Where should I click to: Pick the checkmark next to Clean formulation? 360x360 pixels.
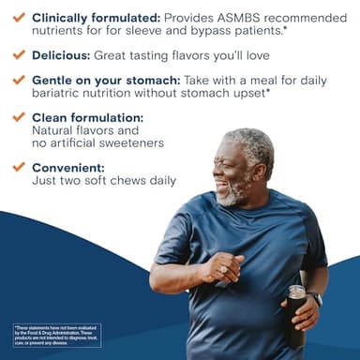click(x=18, y=117)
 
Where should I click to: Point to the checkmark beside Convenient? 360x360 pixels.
click(x=18, y=168)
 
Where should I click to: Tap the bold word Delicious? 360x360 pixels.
click(x=62, y=54)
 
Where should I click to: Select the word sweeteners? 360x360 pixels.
click(x=132, y=143)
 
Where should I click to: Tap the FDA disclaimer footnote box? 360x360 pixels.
click(x=56, y=336)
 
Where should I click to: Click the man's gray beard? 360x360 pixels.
click(x=230, y=196)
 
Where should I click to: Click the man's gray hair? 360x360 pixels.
click(x=249, y=143)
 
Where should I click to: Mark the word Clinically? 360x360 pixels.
click(x=64, y=18)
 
